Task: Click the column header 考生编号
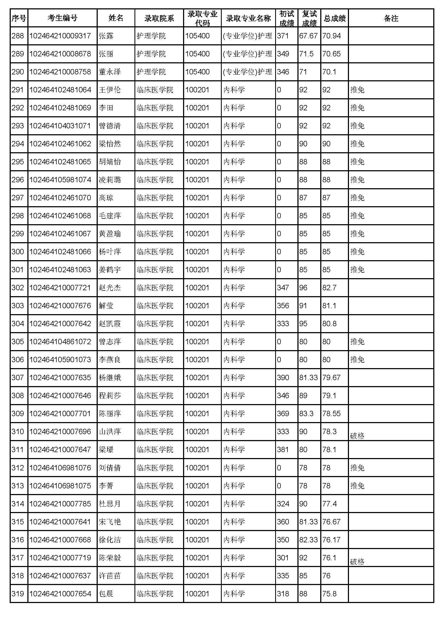(62, 18)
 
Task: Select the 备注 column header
(391, 18)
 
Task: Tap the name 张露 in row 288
(106, 36)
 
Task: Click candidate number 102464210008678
(60, 54)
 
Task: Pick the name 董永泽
(109, 72)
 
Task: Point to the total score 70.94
(331, 36)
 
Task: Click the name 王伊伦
(109, 90)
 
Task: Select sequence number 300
(18, 252)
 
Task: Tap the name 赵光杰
(109, 288)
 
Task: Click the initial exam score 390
(283, 378)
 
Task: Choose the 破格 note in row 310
(357, 436)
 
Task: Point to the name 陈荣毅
(109, 558)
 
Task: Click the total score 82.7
(329, 288)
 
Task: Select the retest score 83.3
(306, 413)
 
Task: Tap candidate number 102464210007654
(60, 594)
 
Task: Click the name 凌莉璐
(109, 180)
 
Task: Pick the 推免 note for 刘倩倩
(357, 468)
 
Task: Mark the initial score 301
(283, 558)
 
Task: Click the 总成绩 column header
(335, 18)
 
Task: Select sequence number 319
(18, 594)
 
